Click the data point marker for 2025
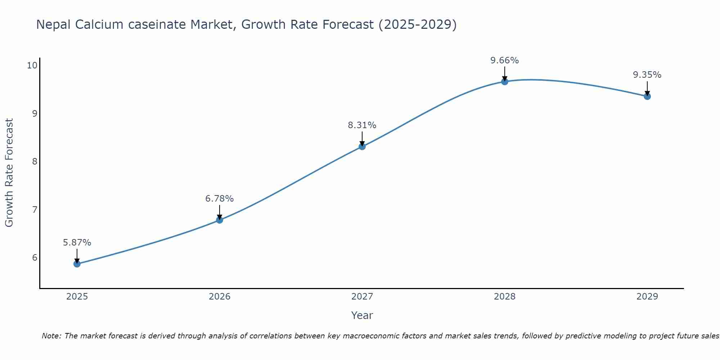point(77,264)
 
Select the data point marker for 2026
point(220,220)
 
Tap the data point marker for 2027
point(362,147)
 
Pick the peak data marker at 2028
point(505,82)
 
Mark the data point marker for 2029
point(647,96)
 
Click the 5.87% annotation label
point(77,243)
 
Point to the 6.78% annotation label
point(220,199)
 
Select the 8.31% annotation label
point(362,125)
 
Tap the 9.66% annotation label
point(505,60)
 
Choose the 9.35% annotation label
point(647,75)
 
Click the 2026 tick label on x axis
point(220,297)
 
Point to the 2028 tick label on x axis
point(505,297)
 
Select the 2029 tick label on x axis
point(647,297)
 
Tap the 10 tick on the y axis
point(32,66)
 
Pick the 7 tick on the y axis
point(35,210)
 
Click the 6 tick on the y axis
point(35,258)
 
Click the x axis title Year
point(362,315)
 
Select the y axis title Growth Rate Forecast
point(9,173)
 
